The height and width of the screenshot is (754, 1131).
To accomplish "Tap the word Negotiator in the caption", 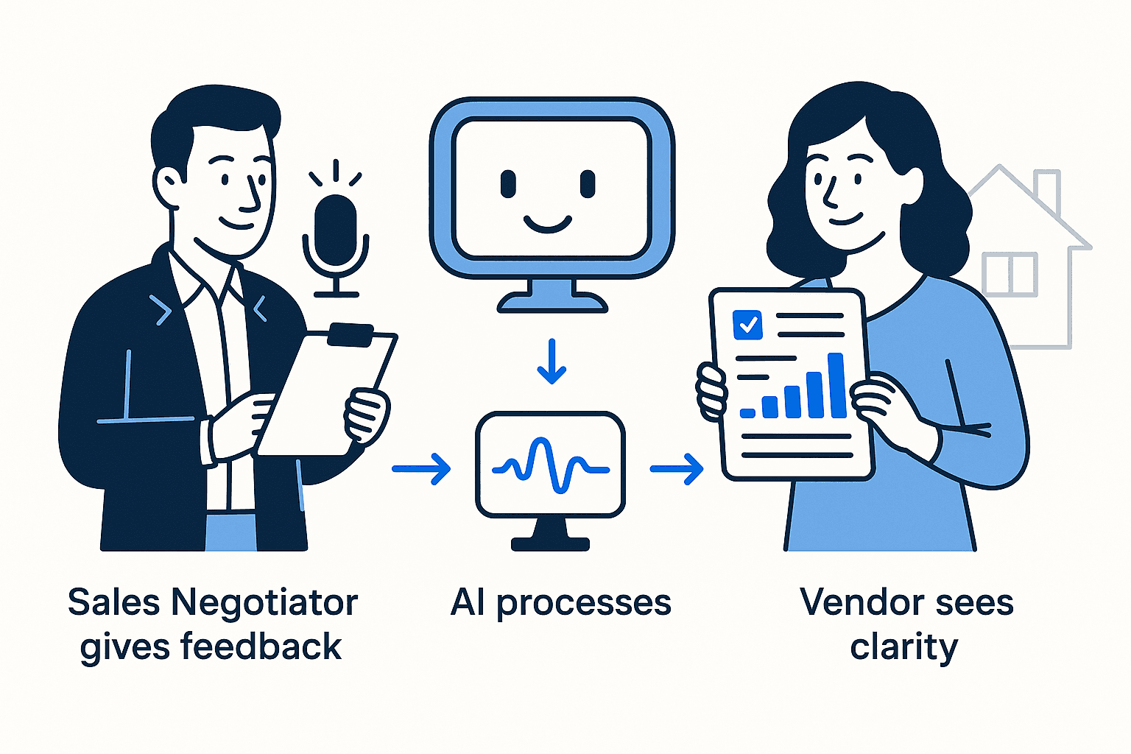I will point(264,602).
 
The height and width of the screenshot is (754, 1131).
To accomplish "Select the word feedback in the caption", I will point(261,646).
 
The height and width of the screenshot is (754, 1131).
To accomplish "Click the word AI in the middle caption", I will point(468,602).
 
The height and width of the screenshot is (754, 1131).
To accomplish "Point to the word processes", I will point(583,604).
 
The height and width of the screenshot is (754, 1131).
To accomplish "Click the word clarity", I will point(904,648).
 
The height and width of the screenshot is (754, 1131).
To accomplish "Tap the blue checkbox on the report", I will point(748,325).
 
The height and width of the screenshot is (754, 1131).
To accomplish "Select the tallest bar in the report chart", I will point(836,385).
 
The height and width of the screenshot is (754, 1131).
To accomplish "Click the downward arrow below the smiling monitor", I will point(552,362).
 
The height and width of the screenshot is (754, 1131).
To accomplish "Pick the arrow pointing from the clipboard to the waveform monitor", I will point(421,468).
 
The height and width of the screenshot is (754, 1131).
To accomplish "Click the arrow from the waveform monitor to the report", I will point(677,468).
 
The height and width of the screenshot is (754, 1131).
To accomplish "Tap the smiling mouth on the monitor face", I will point(548,223).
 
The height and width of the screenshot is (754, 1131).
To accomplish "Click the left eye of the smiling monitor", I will point(508,184).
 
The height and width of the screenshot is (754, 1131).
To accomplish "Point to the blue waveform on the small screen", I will point(551,465).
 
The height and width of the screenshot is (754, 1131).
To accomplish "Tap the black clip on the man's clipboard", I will point(351,334).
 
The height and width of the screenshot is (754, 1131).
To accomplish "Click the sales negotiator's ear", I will point(169,187).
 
